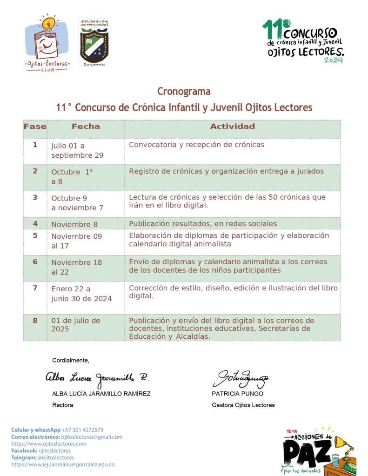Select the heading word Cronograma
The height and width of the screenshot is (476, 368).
tap(184, 91)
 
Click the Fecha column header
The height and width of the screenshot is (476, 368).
tap(86, 127)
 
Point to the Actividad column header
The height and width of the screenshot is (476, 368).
tap(232, 127)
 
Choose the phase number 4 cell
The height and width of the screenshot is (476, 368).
tap(35, 224)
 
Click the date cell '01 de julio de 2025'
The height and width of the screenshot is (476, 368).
tap(75, 325)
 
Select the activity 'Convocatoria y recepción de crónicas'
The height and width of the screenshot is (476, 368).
tap(196, 145)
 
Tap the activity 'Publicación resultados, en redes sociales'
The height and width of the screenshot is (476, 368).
tap(203, 224)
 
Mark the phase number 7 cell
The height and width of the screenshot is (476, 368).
tap(35, 288)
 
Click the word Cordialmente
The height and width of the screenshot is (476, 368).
tap(70, 360)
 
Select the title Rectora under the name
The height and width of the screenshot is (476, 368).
tap(62, 405)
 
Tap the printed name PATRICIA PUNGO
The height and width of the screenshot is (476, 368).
tap(237, 394)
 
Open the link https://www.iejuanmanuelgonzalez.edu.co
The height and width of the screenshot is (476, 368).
tap(63, 464)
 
